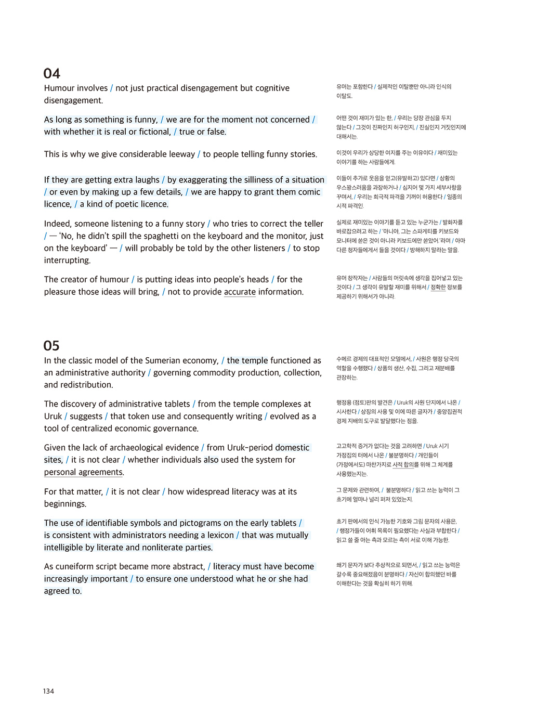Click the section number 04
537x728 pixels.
52,73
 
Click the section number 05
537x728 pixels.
51,346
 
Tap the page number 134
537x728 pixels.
48,691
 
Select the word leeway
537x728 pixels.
180,154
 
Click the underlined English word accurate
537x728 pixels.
240,292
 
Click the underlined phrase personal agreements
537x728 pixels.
84,472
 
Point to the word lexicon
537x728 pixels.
220,535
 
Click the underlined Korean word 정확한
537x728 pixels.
438,287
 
